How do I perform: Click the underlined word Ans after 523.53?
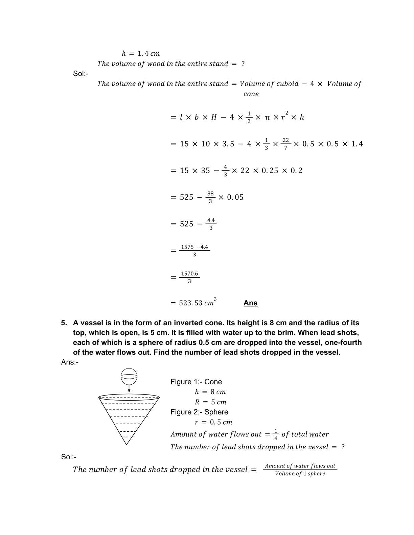[x=250, y=303]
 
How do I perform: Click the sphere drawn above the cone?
[x=129, y=377]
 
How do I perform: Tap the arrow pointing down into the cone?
[x=129, y=389]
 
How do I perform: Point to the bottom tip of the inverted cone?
[x=127, y=444]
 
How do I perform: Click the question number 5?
[x=64, y=323]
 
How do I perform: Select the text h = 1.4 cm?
[x=141, y=53]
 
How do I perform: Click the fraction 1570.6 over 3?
[x=189, y=277]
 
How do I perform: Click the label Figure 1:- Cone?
[x=196, y=382]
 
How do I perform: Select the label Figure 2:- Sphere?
[x=199, y=412]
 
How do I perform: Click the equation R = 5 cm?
[x=210, y=402]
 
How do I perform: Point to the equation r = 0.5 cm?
[x=213, y=422]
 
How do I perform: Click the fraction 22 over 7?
[x=286, y=144]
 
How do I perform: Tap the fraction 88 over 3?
[x=210, y=197]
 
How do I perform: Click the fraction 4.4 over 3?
[x=211, y=224]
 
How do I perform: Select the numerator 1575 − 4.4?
[x=194, y=247]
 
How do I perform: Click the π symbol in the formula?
[x=267, y=117]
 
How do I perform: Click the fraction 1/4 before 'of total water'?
[x=276, y=434]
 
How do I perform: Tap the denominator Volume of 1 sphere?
[x=300, y=474]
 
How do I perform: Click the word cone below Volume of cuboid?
[x=251, y=94]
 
